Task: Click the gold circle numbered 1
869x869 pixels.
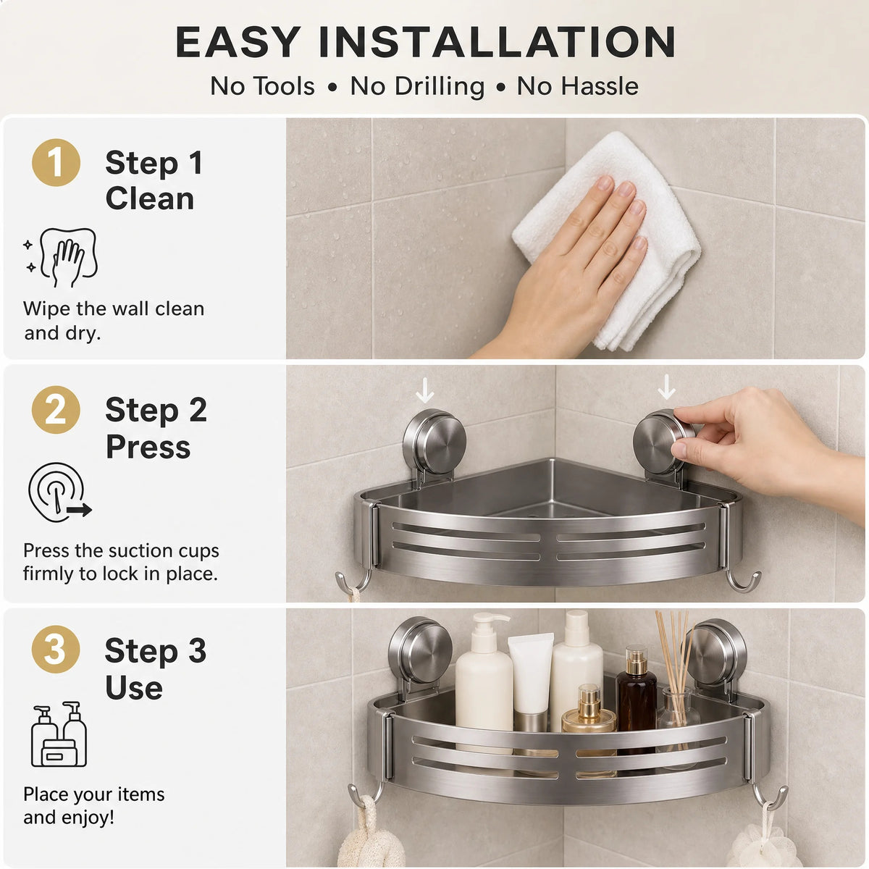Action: pos(56,162)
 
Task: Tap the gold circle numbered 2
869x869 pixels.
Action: pos(56,409)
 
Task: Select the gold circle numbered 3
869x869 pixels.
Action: pos(56,649)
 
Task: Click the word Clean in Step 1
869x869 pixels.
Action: pos(150,198)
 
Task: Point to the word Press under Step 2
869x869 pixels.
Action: pos(148,447)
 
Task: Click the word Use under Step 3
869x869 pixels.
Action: pos(133,687)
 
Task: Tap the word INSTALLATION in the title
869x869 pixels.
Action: pos(497,42)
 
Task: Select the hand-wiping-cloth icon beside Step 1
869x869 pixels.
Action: pos(61,258)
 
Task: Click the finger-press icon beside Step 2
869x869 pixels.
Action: pos(59,492)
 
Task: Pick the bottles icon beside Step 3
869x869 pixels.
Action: pos(59,734)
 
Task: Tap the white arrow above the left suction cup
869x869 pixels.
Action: pos(424,390)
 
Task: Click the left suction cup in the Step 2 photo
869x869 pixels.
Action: pos(434,441)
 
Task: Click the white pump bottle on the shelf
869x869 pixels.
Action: pos(484,681)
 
